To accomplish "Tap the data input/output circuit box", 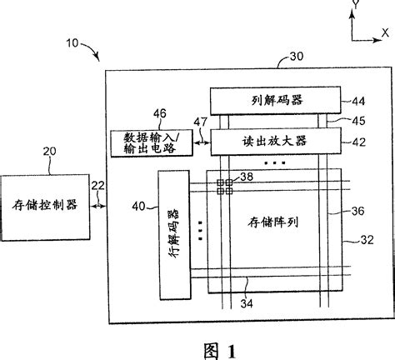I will tap(150, 142).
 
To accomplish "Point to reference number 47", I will tap(200, 122).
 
